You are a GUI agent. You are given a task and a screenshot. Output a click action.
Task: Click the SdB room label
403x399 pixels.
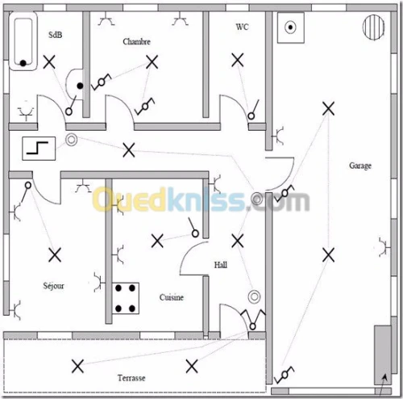pos(55,35)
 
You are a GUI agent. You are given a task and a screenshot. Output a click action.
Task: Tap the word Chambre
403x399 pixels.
pos(136,41)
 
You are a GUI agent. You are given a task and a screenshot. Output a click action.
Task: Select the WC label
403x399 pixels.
pos(242,27)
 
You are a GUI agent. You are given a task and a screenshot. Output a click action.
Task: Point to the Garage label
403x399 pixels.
pos(360,166)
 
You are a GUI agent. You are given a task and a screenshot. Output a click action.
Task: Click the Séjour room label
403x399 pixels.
pos(54,285)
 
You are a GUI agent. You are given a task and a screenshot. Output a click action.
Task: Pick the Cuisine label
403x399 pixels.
pos(172,297)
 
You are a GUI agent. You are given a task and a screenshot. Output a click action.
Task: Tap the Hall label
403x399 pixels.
pos(221,265)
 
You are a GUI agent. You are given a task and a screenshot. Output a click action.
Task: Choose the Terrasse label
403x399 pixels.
pos(131,378)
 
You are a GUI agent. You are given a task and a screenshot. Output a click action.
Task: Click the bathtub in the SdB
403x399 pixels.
pos(23,41)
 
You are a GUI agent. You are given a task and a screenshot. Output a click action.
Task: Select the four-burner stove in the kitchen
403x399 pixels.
pos(126,298)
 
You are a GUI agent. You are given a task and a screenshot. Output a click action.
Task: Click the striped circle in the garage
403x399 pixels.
pos(373,27)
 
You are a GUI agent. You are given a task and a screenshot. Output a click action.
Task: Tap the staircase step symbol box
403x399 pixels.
pos(39,149)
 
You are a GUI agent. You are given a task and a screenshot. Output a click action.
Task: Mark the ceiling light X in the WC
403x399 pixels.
pos(238,60)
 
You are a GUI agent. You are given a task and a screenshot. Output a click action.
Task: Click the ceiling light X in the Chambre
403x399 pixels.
pos(152,62)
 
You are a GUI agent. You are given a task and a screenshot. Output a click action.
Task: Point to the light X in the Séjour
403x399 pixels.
pos(55,255)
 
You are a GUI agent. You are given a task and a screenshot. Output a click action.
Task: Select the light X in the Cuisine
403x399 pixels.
pos(157,241)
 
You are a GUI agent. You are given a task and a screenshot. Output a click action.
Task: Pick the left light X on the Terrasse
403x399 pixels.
pos(77,366)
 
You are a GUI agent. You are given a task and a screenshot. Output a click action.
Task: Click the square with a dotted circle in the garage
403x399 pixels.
pos(291,27)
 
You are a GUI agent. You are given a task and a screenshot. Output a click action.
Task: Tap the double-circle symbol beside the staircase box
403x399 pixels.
pos(72,140)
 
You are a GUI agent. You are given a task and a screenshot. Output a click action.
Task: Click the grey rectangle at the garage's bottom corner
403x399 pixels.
pos(383,355)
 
